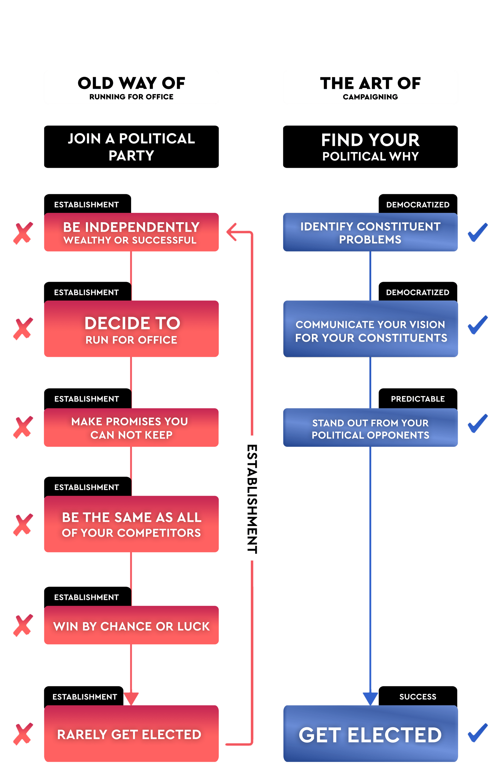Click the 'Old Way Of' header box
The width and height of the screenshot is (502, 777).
[131, 87]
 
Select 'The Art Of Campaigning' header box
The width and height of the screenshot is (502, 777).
[370, 87]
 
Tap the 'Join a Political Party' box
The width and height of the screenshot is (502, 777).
[131, 147]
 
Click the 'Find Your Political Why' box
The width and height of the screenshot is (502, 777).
[370, 147]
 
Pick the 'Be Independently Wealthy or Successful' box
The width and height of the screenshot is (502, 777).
[131, 232]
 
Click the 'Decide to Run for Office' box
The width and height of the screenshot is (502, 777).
[131, 329]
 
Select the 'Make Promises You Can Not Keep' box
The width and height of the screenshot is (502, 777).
[131, 427]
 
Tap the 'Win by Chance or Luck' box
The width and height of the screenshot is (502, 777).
[131, 625]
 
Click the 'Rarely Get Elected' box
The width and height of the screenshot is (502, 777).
[131, 734]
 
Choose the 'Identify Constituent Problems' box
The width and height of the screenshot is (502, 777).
[370, 232]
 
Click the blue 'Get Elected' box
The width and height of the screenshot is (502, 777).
[370, 734]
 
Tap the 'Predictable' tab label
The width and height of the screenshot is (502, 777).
[418, 399]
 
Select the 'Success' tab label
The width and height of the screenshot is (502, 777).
[418, 697]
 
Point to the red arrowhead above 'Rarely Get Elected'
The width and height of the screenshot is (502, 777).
[131, 699]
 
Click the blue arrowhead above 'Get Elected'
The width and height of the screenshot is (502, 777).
[370, 699]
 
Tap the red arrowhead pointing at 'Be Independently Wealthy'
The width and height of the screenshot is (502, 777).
[232, 232]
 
